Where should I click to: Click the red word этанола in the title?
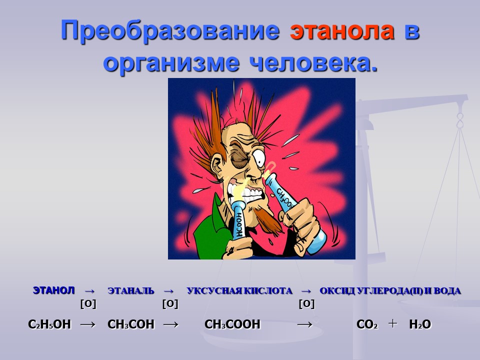pyautogui.click(x=342, y=30)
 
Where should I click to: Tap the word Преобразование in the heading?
pyautogui.click(x=170, y=31)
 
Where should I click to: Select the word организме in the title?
pyautogui.click(x=171, y=63)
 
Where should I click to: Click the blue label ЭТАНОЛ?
pyautogui.click(x=53, y=290)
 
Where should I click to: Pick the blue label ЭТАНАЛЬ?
pyautogui.click(x=130, y=290)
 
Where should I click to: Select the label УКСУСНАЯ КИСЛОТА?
pyautogui.click(x=239, y=290)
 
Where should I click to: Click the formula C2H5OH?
pyautogui.click(x=49, y=324)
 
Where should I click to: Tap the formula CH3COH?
pyautogui.click(x=130, y=324)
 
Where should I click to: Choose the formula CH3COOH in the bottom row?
pyautogui.click(x=232, y=324)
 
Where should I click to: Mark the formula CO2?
pyautogui.click(x=367, y=324)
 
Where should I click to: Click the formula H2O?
pyautogui.click(x=420, y=324)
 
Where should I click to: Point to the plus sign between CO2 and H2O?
pyautogui.click(x=392, y=323)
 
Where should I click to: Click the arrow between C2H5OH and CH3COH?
pyautogui.click(x=87, y=324)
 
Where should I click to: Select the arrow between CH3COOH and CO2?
pyautogui.click(x=304, y=324)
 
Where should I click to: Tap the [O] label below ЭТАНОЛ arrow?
pyautogui.click(x=88, y=304)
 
